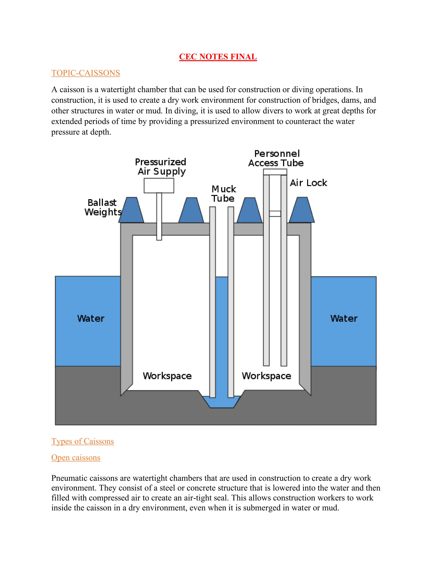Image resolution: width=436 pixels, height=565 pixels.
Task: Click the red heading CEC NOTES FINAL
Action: click(218, 57)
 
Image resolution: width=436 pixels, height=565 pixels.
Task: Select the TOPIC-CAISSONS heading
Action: click(86, 73)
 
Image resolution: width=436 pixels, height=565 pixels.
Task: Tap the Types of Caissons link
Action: click(82, 441)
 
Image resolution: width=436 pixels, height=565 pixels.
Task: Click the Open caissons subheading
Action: click(76, 457)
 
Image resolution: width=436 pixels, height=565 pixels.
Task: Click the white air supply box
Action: click(159, 186)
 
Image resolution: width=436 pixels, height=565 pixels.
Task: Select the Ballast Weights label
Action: click(103, 207)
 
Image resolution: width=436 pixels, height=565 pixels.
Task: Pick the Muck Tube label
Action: click(223, 194)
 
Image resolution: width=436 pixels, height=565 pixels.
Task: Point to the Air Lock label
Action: click(308, 183)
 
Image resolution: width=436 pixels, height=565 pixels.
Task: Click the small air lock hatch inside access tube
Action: click(275, 214)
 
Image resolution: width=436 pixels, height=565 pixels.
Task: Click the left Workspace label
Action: click(167, 376)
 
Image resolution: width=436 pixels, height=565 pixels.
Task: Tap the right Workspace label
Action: click(266, 376)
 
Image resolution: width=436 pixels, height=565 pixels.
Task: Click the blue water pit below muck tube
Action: click(222, 402)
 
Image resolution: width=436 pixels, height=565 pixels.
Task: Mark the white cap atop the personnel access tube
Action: click(275, 172)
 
